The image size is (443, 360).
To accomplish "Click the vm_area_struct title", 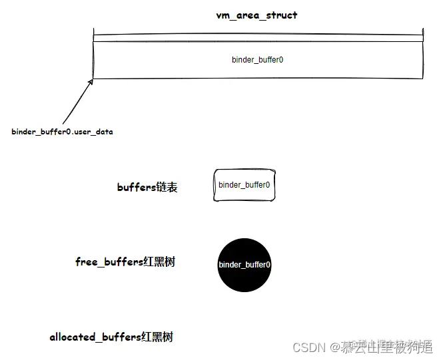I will point(256,15).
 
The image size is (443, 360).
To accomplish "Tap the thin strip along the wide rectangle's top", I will point(258,38).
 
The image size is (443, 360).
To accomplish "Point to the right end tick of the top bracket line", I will point(422,32).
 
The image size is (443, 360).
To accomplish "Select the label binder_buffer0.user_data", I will point(62,132).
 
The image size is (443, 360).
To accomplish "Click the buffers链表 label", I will point(147,188).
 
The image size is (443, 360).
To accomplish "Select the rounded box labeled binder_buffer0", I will point(244,184).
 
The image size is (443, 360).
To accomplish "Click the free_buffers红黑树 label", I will point(125,262).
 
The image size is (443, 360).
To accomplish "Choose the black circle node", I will point(244,265).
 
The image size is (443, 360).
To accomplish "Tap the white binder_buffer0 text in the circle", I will point(244,265).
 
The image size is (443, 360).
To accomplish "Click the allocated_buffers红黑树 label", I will point(111,337).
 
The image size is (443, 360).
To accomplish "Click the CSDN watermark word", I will point(308,347).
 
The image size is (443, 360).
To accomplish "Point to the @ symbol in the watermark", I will point(332,347).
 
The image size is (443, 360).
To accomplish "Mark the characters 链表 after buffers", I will point(167,188).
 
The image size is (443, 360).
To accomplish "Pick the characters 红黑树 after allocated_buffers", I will point(157,337).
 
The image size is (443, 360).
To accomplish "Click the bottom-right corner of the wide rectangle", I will point(422,77).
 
